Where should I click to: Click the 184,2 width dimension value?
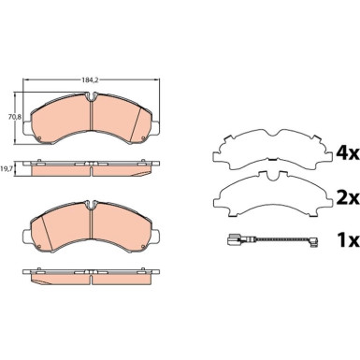point(90,80)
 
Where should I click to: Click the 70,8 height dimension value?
point(15,117)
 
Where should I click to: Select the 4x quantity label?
point(347,153)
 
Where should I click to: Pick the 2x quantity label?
point(348,198)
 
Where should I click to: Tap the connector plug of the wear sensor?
point(234,239)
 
